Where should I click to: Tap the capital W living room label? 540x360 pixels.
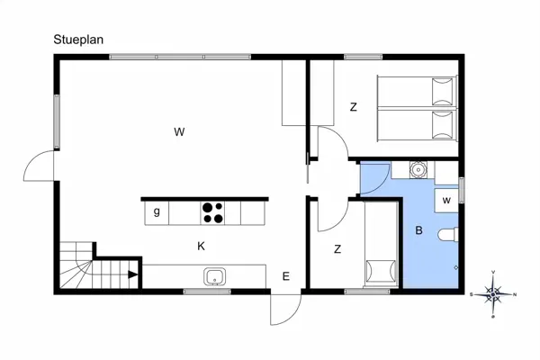tap(179, 132)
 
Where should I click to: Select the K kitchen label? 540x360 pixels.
tap(202, 245)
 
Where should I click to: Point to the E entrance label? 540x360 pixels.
tap(285, 276)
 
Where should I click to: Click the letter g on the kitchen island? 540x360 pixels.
tap(157, 212)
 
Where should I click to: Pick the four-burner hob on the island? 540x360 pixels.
tap(212, 212)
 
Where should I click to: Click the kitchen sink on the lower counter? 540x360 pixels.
tap(214, 275)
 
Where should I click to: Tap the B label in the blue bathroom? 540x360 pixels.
tap(418, 230)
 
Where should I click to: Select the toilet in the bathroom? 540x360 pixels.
tap(447, 236)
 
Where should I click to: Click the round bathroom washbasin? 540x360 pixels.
tap(418, 169)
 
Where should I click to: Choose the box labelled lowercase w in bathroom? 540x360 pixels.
tap(446, 199)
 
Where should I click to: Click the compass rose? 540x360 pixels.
tap(493, 293)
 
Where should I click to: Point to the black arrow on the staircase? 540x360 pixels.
tap(132, 275)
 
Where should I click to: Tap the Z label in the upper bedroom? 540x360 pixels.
tap(354, 108)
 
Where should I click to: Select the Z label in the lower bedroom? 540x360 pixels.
tap(337, 249)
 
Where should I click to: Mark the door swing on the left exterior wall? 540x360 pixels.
tap(40, 165)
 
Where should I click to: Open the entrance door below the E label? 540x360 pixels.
tap(284, 310)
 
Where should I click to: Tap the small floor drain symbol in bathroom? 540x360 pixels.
tap(456, 267)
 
